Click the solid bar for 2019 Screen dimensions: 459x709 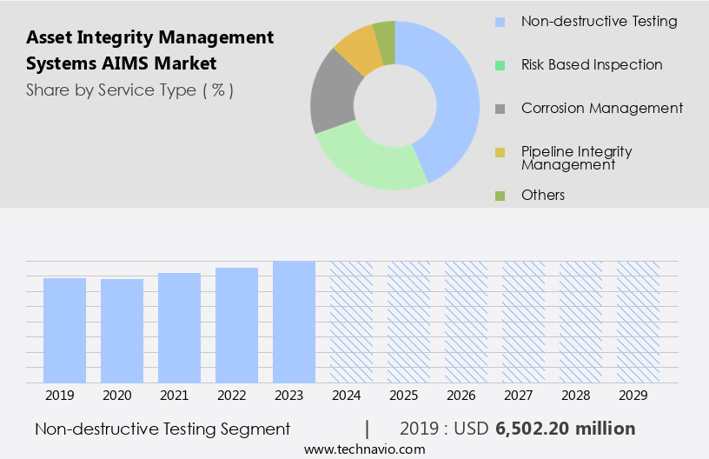[64, 330]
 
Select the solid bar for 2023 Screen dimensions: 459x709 [294, 322]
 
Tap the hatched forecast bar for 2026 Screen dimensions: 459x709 [466, 322]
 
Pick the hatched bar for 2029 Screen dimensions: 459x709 [638, 322]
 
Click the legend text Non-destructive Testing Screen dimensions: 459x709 [599, 21]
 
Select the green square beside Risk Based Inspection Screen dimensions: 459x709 [500, 65]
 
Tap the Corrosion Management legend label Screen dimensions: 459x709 [601, 109]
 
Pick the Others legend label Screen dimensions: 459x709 [543, 195]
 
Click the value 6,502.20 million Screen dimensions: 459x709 [565, 429]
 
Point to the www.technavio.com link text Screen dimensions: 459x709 [365, 449]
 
